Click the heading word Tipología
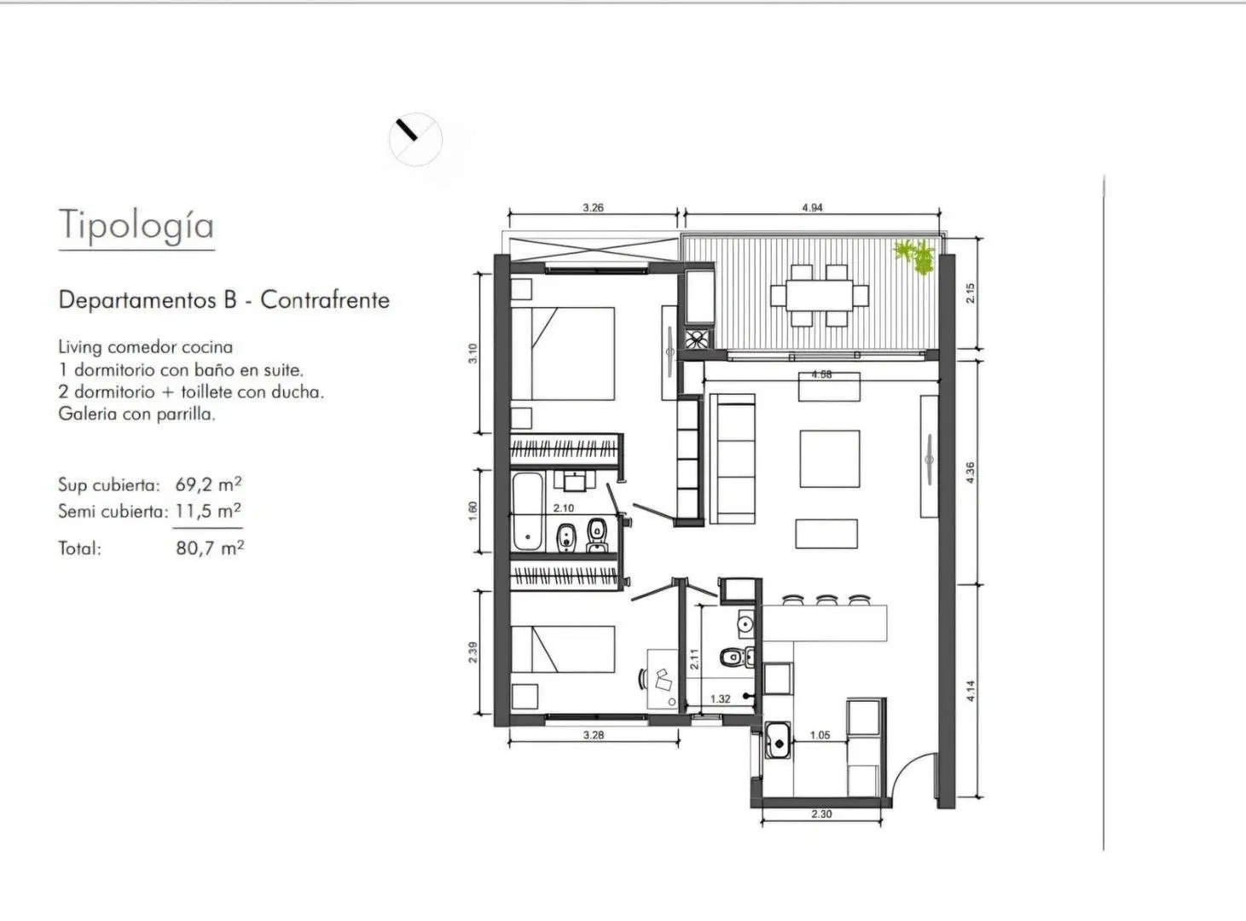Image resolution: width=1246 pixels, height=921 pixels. [x=136, y=225]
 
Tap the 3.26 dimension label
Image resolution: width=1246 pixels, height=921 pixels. [x=593, y=207]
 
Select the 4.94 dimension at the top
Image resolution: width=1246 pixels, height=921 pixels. [x=812, y=207]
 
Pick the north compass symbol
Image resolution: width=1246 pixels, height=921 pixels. [x=415, y=139]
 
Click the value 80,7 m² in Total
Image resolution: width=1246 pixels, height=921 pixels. [x=210, y=547]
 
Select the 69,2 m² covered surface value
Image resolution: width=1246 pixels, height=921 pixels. [x=208, y=484]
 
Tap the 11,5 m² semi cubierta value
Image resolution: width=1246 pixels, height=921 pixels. [x=208, y=511]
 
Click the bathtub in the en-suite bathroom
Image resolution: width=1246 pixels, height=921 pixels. [x=528, y=512]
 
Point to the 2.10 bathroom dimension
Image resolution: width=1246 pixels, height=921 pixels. [x=564, y=508]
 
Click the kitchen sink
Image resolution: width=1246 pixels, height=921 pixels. [x=778, y=740]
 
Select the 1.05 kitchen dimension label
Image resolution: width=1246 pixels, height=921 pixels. [x=820, y=734]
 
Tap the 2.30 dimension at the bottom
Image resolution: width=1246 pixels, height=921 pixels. [x=821, y=814]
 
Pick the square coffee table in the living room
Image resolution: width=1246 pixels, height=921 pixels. [x=830, y=459]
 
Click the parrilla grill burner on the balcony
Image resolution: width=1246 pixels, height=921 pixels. [x=697, y=339]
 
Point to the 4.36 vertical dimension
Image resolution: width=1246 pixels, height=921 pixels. [x=971, y=472]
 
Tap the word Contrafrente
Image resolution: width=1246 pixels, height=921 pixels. [x=325, y=300]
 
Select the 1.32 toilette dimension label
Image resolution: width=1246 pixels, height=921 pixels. [x=720, y=699]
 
